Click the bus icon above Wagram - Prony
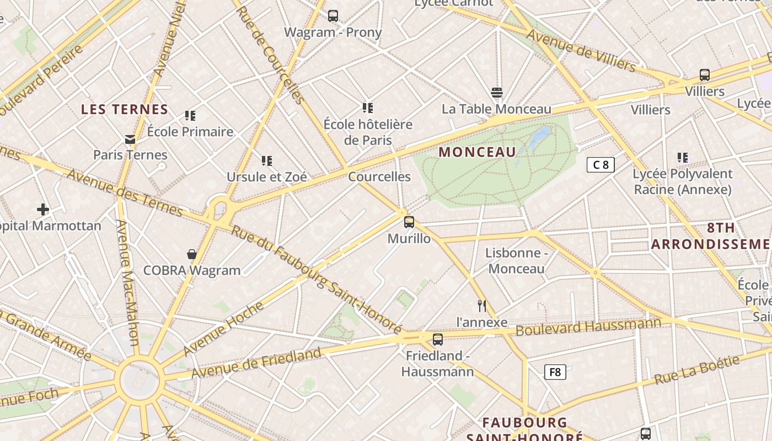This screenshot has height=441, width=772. coord(333,16)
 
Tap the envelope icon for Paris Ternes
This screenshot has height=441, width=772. coord(130,139)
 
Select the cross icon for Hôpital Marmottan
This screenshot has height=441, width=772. coord(43,209)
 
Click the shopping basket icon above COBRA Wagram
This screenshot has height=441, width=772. coord(192,254)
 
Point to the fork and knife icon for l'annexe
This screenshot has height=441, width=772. coord(482,306)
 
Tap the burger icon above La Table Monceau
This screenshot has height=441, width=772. coord(497,92)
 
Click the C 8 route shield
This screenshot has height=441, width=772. coord(601,165)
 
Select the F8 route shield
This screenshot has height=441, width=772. coord(555,372)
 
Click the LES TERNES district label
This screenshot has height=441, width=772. coord(125,109)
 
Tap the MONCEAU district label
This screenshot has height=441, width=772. coord(478,152)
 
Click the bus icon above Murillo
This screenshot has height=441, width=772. coord(409,222)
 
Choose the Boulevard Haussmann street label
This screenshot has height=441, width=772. coord(588,326)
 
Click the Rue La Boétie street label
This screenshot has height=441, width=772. coord(696,370)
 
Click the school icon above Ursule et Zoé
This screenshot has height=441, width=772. coord(267,161)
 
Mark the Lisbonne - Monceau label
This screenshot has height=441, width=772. coord(516,261)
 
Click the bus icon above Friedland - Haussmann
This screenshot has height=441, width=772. coord(438,340)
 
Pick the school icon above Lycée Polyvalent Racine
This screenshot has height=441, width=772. coord(683,158)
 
